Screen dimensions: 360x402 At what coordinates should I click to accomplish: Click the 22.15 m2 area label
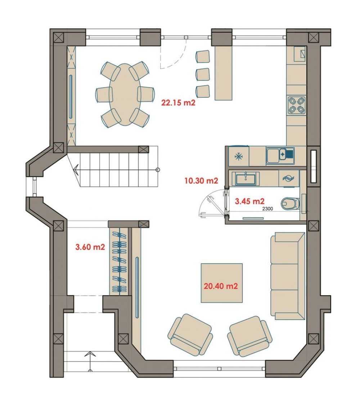(178, 103)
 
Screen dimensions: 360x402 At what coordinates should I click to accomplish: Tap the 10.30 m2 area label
(202, 181)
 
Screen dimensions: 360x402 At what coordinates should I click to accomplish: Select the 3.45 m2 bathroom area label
(250, 201)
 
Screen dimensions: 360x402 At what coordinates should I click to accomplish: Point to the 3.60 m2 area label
(90, 247)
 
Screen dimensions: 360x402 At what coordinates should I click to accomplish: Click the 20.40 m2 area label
(221, 286)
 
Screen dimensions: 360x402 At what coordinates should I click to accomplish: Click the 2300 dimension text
(267, 209)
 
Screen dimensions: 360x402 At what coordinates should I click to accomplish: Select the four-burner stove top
(297, 105)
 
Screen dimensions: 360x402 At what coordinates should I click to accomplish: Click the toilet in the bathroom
(291, 203)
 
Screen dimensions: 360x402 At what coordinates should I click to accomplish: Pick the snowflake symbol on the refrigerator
(239, 156)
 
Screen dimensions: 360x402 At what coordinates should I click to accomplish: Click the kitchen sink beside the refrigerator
(280, 155)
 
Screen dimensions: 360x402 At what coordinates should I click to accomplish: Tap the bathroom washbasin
(246, 178)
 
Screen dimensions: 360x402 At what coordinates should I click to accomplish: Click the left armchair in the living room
(190, 334)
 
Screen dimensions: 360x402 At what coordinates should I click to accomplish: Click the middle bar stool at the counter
(203, 74)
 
